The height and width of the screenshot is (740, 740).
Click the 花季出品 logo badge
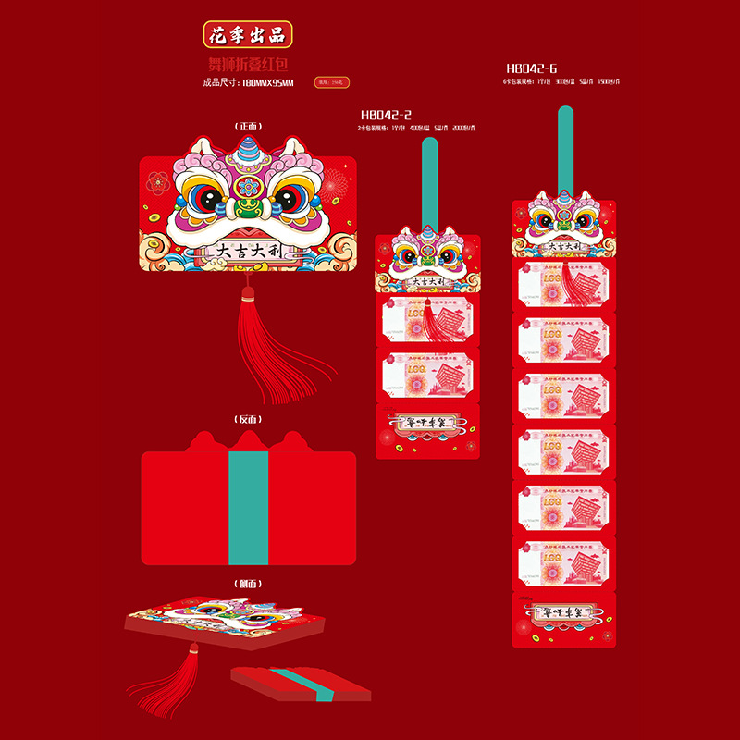247,35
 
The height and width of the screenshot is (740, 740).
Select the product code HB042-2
387,114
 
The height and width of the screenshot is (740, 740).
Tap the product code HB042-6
532,68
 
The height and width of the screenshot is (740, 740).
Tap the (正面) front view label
247,127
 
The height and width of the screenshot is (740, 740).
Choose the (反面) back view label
247,419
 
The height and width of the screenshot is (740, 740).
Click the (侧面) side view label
247,583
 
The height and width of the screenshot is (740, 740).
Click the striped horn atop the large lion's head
248,148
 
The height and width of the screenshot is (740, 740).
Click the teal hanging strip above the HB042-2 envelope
428,180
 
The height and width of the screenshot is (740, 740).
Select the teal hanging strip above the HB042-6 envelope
564,148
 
